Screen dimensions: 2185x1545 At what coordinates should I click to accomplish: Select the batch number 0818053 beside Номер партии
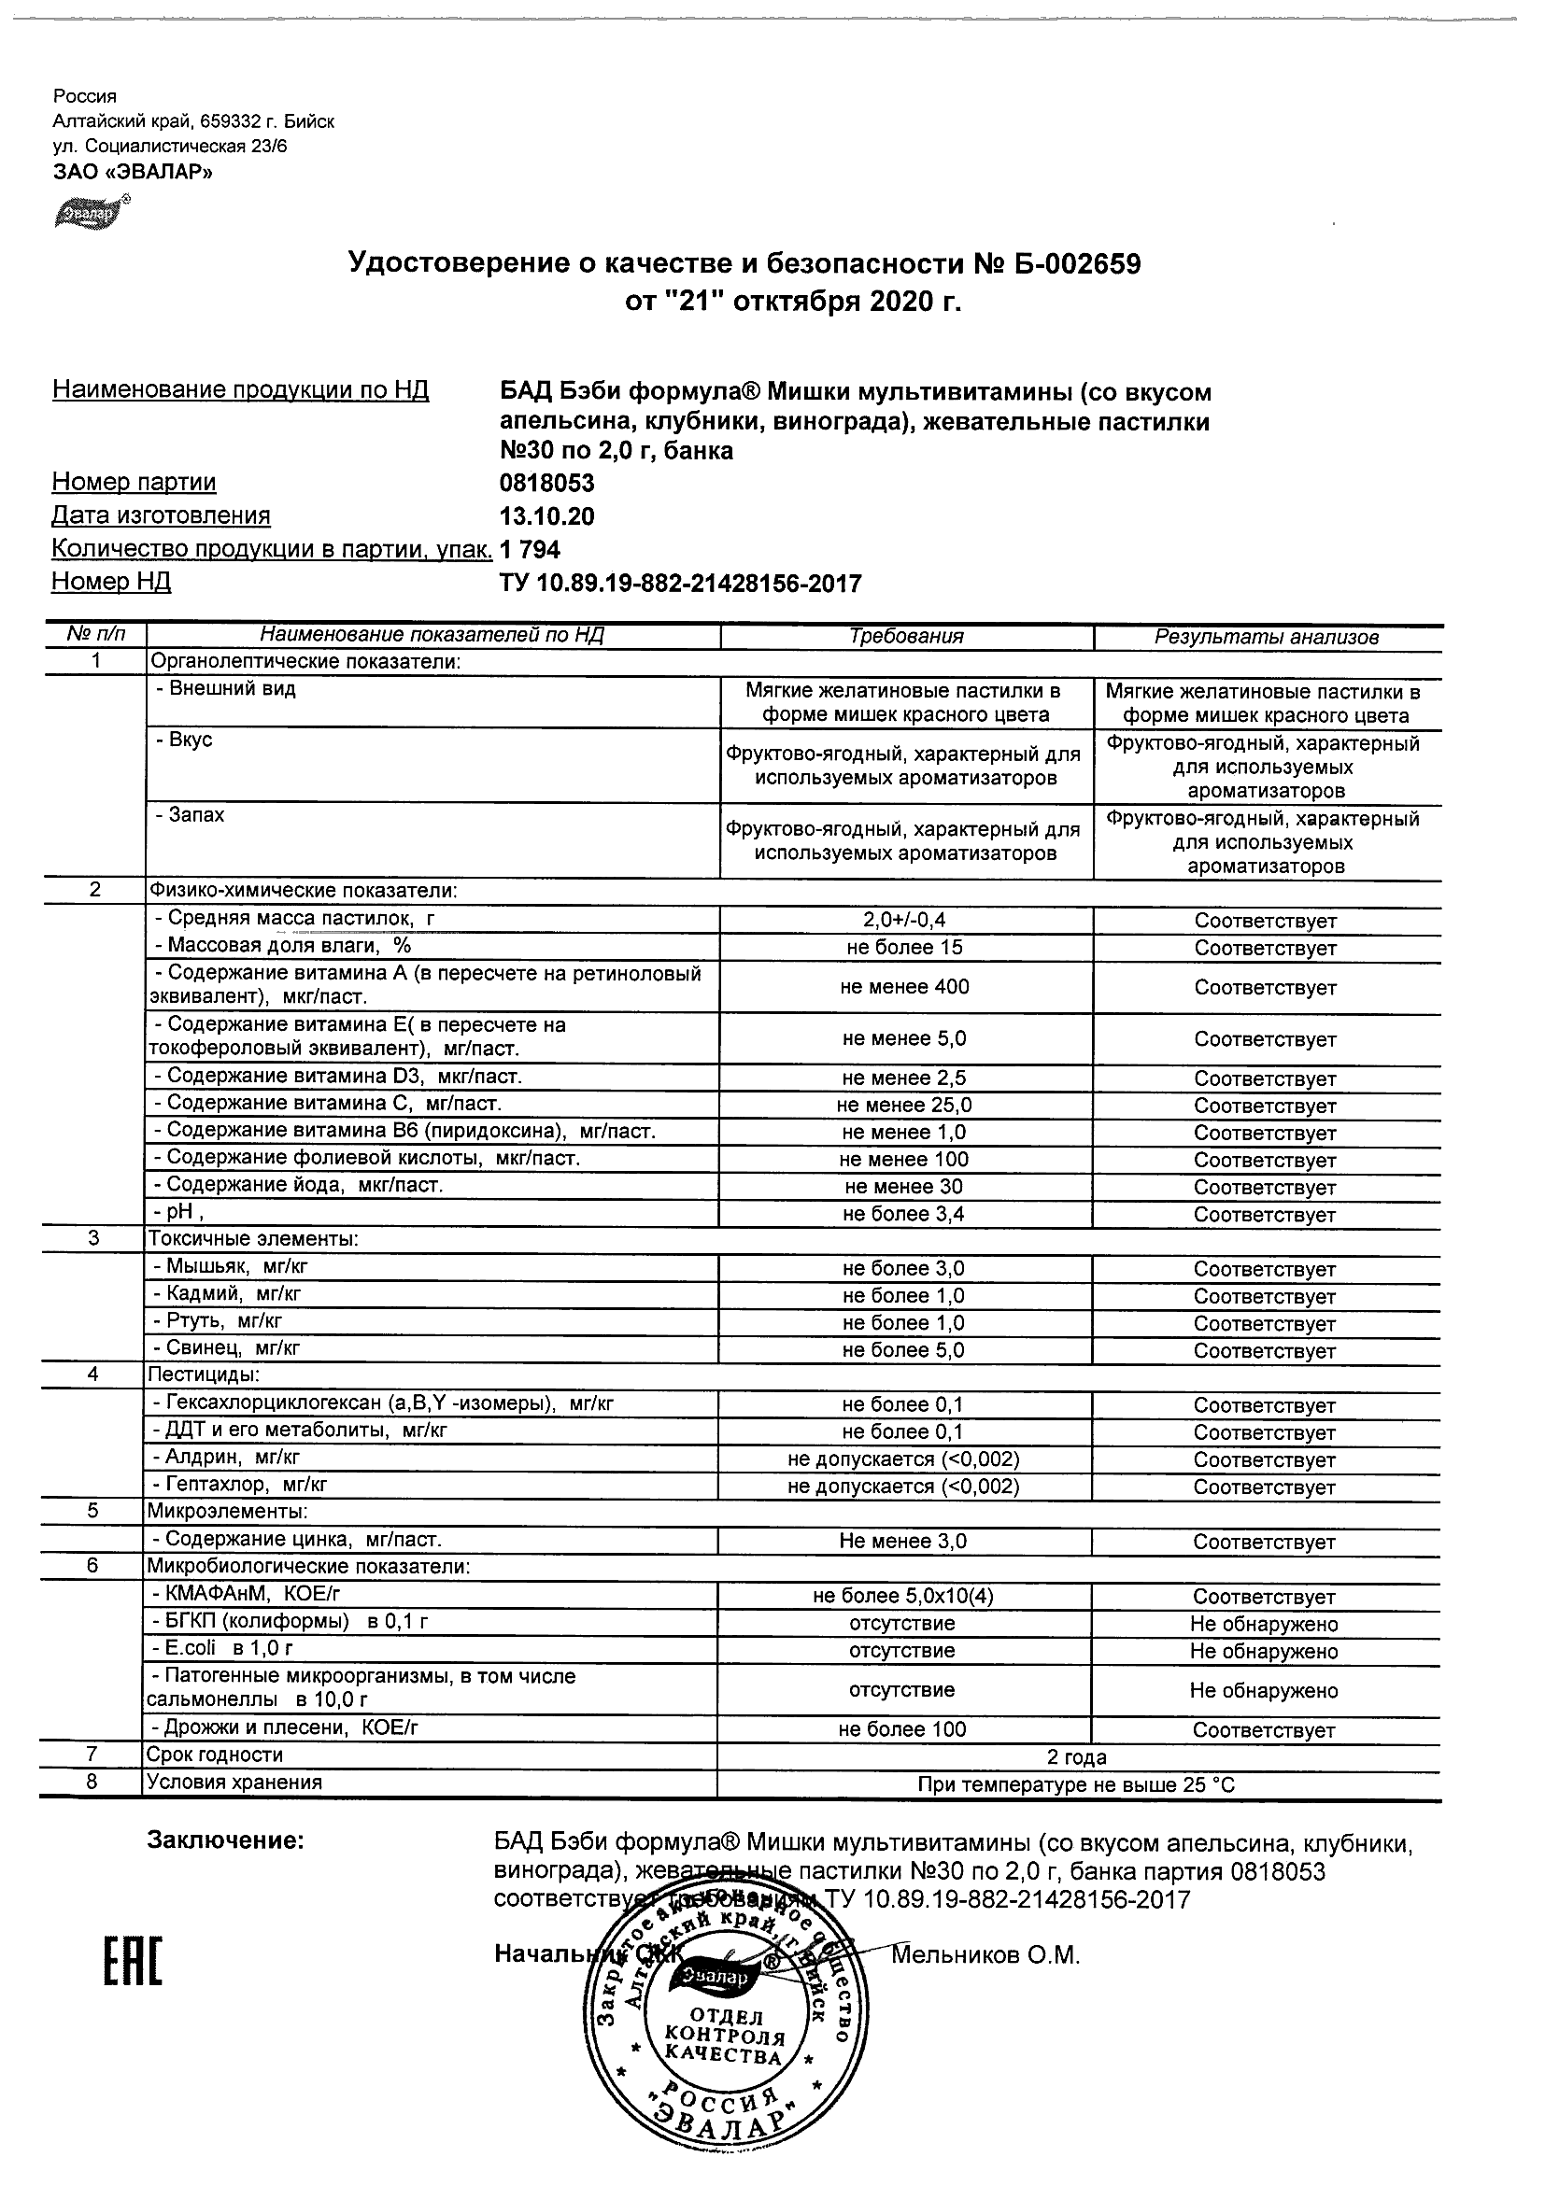(x=546, y=484)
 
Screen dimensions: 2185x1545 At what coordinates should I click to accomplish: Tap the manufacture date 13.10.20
(x=546, y=516)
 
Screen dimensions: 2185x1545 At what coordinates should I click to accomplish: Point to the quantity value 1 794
(x=531, y=550)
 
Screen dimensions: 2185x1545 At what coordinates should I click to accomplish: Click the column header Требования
(x=906, y=637)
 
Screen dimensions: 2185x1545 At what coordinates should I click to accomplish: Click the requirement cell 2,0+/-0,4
(x=904, y=920)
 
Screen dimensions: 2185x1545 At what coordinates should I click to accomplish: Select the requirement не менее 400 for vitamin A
(x=904, y=987)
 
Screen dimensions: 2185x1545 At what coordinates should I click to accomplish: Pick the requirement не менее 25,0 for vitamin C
(x=904, y=1105)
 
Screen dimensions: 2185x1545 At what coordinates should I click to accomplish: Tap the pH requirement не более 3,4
(x=904, y=1213)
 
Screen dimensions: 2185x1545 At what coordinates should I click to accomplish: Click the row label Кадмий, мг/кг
(x=234, y=1294)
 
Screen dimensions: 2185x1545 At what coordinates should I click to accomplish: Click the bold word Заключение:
(x=226, y=1841)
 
